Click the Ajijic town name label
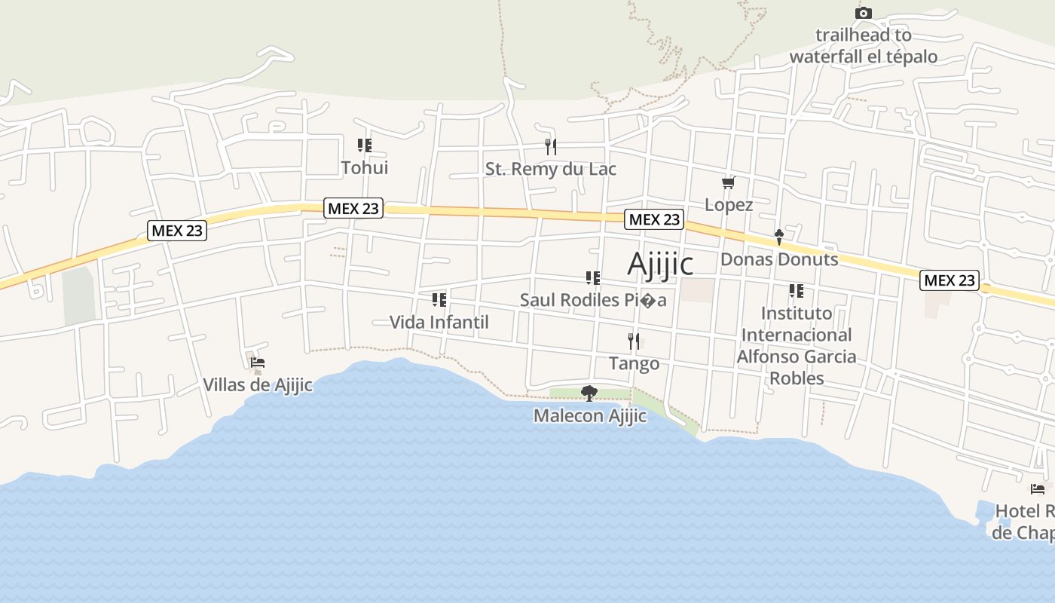click(660, 264)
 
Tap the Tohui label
click(365, 167)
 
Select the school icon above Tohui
click(365, 145)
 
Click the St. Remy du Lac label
click(551, 169)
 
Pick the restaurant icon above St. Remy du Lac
click(551, 146)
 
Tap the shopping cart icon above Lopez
click(728, 182)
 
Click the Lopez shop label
click(729, 204)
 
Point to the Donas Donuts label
click(779, 259)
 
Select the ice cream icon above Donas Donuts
click(779, 237)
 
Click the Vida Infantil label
click(439, 322)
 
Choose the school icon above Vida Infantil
click(439, 300)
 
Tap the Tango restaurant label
click(634, 363)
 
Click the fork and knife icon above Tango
click(634, 341)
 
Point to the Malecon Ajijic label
click(590, 415)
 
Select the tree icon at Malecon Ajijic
click(589, 393)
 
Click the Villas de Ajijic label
click(258, 384)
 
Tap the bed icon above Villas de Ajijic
click(258, 363)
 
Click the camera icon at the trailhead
click(864, 13)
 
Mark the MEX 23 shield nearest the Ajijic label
click(654, 219)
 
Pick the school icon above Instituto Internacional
click(797, 290)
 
